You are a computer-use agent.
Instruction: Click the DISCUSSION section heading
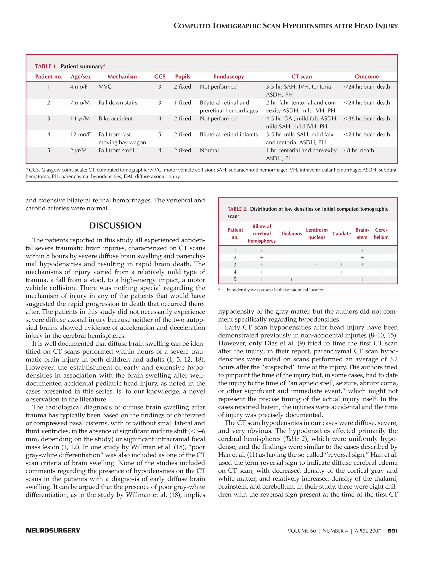click(115, 225)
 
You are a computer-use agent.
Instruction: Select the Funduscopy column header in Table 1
click(229, 77)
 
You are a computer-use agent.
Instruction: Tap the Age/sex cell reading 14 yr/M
click(80, 118)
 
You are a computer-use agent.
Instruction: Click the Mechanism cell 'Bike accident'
click(116, 118)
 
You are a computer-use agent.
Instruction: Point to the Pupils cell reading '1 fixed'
click(182, 102)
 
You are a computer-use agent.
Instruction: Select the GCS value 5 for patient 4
click(160, 134)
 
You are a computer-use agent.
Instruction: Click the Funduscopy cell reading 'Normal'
click(209, 150)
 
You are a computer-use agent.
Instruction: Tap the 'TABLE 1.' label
click(46, 66)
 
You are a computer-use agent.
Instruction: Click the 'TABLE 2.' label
click(237, 209)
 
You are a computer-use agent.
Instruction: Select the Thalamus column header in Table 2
click(291, 234)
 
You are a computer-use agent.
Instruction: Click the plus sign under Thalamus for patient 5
click(291, 279)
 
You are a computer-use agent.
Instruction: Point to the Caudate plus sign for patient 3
click(341, 265)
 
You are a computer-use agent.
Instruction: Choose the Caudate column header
click(341, 234)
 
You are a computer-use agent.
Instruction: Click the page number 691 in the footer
click(392, 531)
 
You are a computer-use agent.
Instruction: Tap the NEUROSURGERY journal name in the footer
click(53, 530)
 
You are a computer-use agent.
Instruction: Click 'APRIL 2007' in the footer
click(368, 531)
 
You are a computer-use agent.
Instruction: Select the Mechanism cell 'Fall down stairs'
click(118, 102)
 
